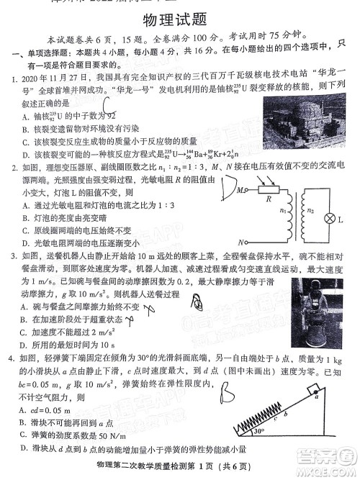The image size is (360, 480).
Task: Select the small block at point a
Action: (315, 393)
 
